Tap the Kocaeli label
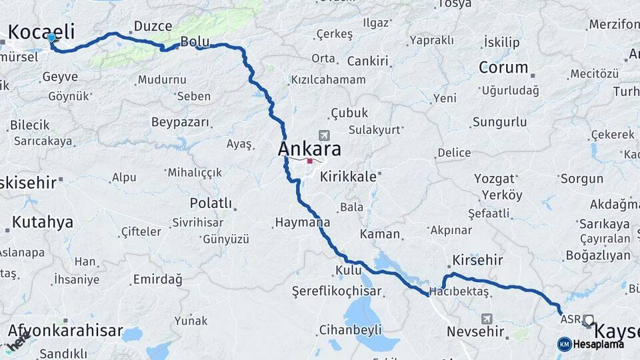click(x=41, y=31)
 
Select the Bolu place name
click(x=195, y=41)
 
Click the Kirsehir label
click(x=477, y=259)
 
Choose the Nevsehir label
click(x=473, y=331)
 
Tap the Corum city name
click(x=503, y=67)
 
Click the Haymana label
click(x=302, y=222)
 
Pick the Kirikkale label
click(x=347, y=177)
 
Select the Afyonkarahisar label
click(x=65, y=330)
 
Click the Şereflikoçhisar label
click(x=337, y=291)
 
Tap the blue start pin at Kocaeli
click(x=51, y=39)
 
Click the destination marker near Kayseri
click(x=588, y=320)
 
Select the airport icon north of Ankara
click(x=324, y=135)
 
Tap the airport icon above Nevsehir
click(x=487, y=319)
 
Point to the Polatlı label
click(x=211, y=203)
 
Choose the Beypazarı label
click(x=180, y=123)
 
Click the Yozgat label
click(x=494, y=179)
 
